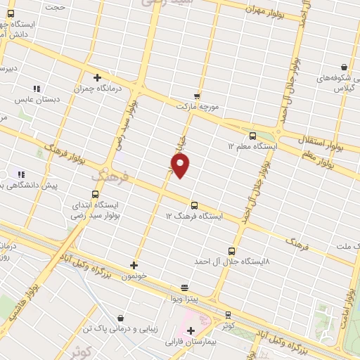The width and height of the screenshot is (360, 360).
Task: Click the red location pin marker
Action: pyautogui.click(x=181, y=165)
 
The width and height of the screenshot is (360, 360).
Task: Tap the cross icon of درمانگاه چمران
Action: pyautogui.click(x=97, y=77)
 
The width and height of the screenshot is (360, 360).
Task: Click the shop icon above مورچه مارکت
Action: pyautogui.click(x=197, y=96)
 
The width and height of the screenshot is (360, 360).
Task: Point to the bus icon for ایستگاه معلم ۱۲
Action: pyautogui.click(x=252, y=136)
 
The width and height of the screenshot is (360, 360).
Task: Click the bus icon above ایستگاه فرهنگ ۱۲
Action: pyautogui.click(x=194, y=205)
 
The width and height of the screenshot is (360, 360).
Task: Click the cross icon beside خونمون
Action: pyautogui.click(x=134, y=265)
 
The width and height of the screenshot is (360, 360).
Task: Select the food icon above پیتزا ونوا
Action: pyautogui.click(x=184, y=287)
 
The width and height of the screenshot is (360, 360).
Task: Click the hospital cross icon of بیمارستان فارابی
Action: pyautogui.click(x=191, y=330)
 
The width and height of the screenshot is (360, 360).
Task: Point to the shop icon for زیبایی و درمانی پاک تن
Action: pyautogui.click(x=122, y=318)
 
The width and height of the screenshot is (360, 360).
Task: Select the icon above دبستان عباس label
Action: pyautogui.click(x=36, y=89)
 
